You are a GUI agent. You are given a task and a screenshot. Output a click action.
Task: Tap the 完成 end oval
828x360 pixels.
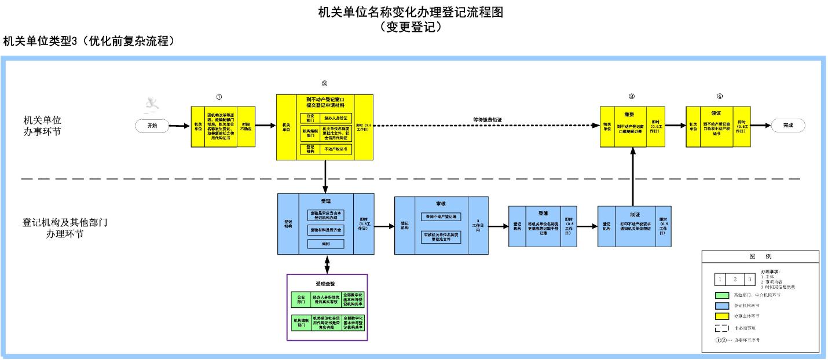pyautogui.click(x=787, y=124)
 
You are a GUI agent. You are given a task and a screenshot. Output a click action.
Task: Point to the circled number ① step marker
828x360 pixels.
pyautogui.click(x=219, y=97)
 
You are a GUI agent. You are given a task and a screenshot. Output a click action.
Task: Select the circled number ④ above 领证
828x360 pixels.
pyautogui.click(x=719, y=96)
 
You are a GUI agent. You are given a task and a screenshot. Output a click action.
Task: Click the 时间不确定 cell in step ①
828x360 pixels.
pyautogui.click(x=246, y=127)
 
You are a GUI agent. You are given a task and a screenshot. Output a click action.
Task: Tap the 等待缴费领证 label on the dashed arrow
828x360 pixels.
pyautogui.click(x=487, y=120)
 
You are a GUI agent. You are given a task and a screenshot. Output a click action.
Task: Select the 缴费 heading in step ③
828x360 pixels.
pyautogui.click(x=631, y=114)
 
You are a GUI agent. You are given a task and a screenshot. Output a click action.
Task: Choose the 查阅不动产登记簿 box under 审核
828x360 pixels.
pyautogui.click(x=441, y=216)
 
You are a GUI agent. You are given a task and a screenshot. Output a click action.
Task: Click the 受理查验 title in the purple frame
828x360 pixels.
pyautogui.click(x=327, y=284)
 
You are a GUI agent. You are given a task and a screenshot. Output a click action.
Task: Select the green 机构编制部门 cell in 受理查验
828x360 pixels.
pyautogui.click(x=301, y=322)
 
